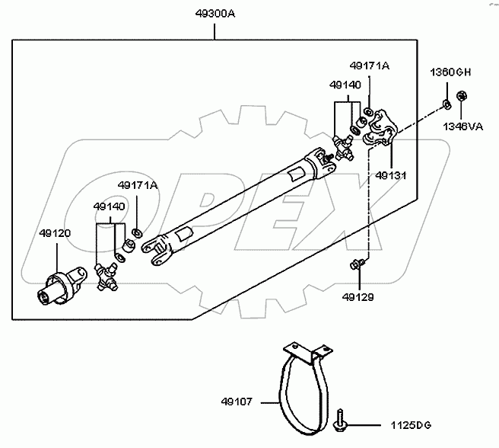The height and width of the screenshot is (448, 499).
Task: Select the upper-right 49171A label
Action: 370,66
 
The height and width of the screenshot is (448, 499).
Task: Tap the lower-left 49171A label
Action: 137,184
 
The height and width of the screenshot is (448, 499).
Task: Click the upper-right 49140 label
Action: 345,85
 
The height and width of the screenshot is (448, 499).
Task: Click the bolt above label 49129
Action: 358,264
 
